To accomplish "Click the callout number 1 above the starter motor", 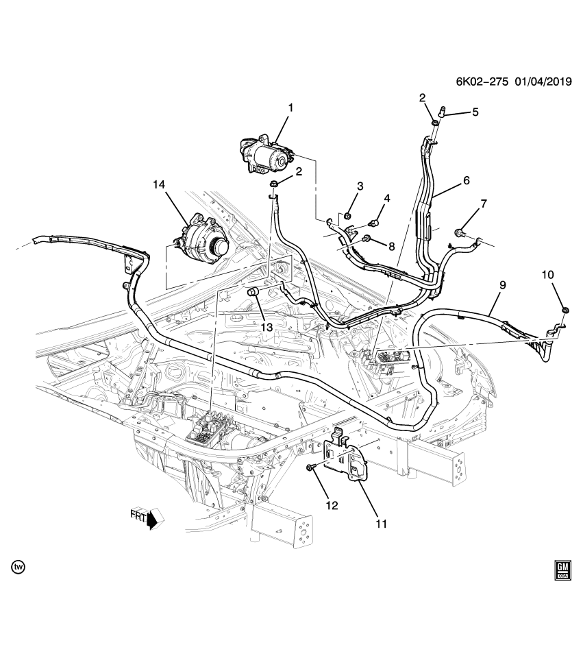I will click(290, 108).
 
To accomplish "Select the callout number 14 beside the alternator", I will click(160, 184).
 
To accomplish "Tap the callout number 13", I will click(265, 328).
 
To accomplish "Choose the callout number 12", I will click(332, 506).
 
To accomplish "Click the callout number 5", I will click(474, 112).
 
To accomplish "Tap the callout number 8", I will click(392, 245).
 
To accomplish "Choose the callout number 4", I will click(387, 199).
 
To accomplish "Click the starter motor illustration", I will click(266, 154).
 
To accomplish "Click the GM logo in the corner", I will click(562, 570).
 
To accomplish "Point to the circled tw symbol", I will click(18, 567).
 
